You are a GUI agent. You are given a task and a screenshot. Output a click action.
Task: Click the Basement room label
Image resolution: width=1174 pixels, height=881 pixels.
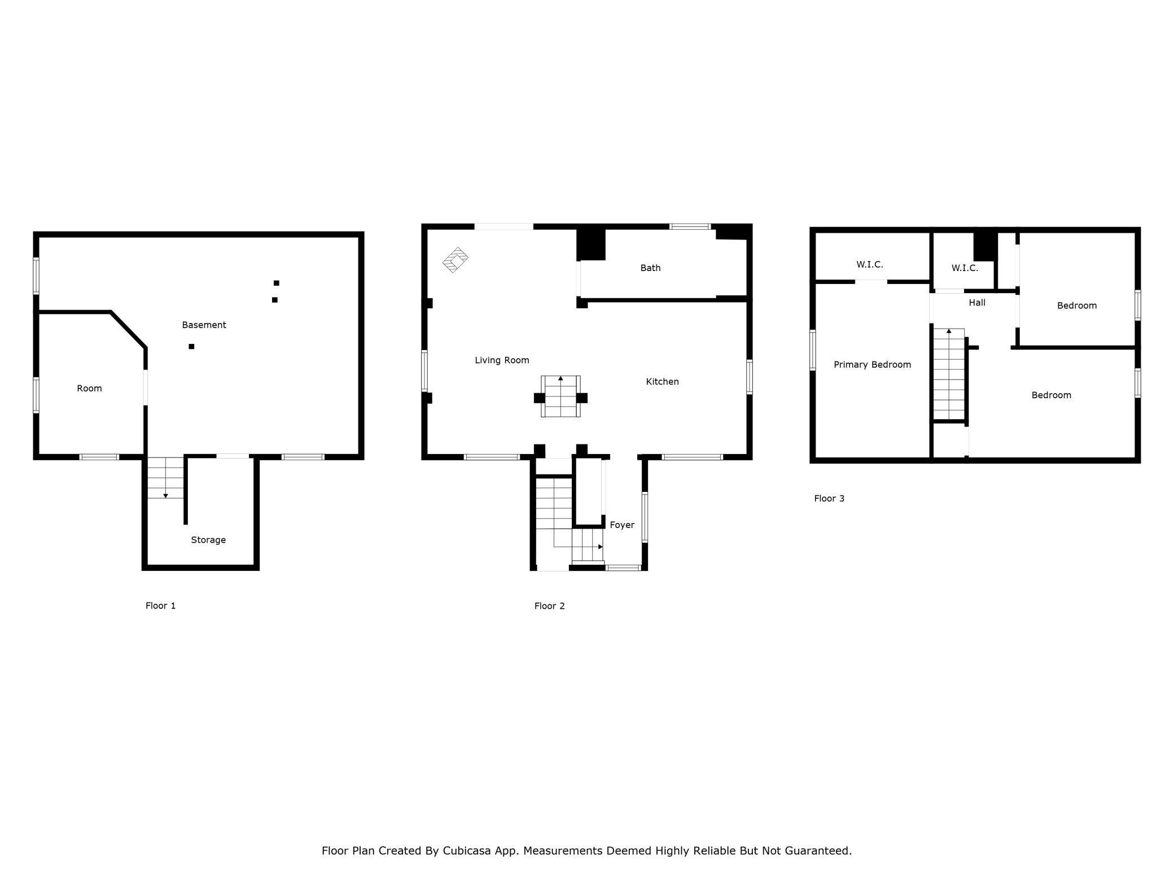tap(204, 325)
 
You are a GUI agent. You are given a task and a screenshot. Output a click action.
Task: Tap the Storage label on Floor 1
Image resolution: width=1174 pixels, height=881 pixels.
tap(208, 540)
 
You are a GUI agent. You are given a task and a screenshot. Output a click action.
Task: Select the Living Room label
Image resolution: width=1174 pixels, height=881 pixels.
tap(502, 360)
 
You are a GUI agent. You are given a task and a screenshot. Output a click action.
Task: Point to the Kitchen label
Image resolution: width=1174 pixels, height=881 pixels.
tap(662, 382)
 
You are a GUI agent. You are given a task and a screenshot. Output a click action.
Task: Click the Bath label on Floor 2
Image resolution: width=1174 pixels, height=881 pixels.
tap(650, 268)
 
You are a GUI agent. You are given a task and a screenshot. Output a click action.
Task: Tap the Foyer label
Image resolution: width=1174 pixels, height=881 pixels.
tap(622, 525)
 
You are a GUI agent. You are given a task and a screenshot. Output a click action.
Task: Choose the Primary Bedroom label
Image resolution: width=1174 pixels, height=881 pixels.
tap(872, 365)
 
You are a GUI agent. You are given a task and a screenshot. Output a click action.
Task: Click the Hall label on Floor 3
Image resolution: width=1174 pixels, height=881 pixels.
tap(977, 303)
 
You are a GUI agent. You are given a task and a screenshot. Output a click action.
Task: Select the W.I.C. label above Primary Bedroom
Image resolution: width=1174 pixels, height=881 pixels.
tap(869, 264)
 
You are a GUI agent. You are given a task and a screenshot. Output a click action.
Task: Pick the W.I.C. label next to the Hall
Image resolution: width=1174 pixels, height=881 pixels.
tap(965, 268)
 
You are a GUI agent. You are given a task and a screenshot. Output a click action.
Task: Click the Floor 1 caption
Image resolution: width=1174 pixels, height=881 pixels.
tap(161, 605)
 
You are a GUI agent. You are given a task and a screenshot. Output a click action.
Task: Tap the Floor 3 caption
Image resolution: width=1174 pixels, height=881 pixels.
tap(829, 498)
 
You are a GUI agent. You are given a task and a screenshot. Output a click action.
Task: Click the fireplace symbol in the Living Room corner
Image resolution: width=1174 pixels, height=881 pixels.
tap(455, 260)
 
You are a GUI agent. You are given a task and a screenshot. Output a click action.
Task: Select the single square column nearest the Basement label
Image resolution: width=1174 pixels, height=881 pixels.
tap(191, 346)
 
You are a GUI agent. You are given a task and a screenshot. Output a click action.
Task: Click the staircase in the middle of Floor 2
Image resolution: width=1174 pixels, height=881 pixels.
tap(560, 396)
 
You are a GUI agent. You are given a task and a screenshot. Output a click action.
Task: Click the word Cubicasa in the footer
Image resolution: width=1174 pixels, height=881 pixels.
tap(466, 851)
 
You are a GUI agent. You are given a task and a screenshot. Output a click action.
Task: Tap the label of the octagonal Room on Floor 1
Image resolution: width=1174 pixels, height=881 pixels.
tap(89, 388)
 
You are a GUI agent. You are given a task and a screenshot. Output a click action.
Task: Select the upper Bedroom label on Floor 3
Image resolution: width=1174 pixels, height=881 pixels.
tap(1076, 306)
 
